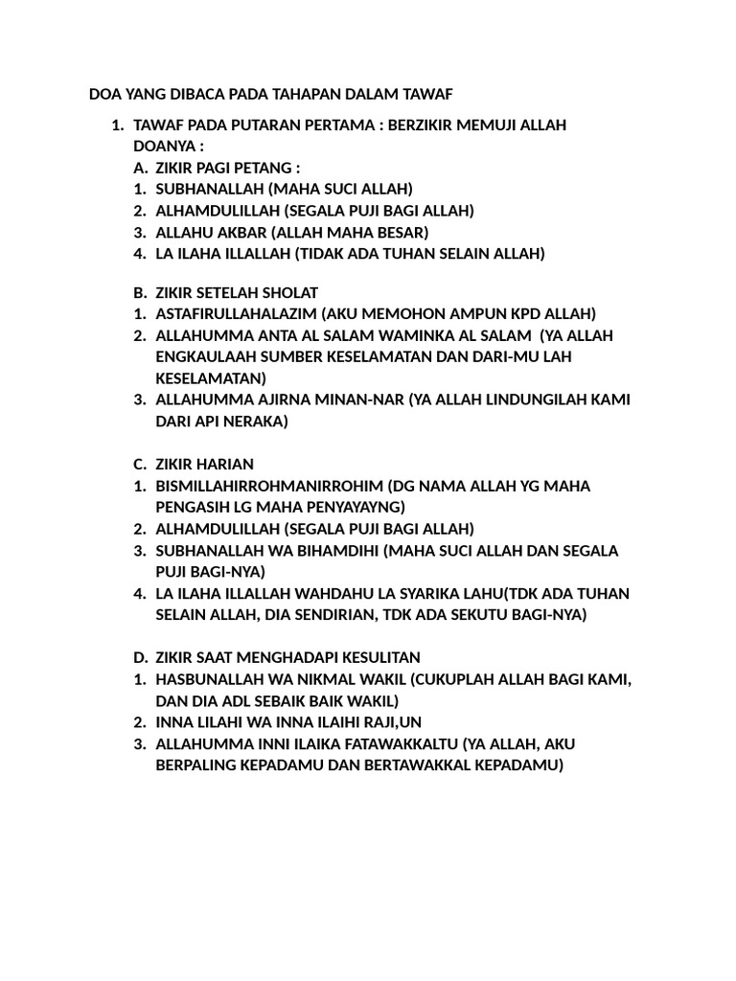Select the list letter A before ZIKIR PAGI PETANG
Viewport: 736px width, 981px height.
[139, 169]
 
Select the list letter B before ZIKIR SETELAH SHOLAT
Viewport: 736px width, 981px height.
[139, 291]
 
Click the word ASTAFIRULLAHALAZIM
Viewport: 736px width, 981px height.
[236, 313]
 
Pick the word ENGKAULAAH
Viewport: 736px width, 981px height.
[202, 356]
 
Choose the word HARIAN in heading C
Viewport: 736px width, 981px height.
[225, 464]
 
